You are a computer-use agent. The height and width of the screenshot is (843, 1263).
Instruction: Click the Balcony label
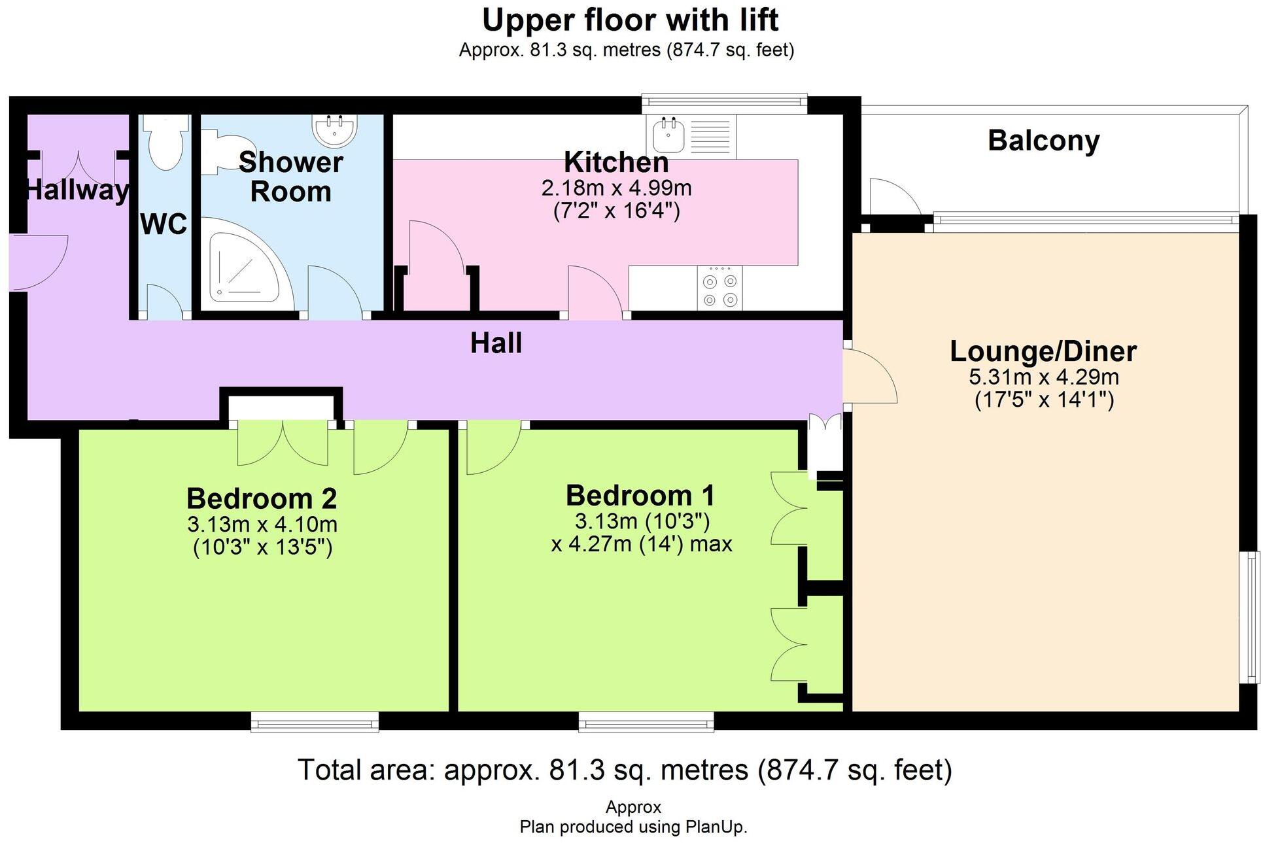pyautogui.click(x=1043, y=141)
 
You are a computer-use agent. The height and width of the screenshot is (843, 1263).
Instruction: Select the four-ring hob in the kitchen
pyautogui.click(x=719, y=288)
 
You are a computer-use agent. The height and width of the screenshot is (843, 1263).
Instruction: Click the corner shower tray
pyautogui.click(x=246, y=260)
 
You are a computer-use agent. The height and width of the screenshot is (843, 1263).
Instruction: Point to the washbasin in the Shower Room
pyautogui.click(x=335, y=129)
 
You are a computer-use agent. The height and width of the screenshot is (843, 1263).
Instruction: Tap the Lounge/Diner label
pyautogui.click(x=1043, y=351)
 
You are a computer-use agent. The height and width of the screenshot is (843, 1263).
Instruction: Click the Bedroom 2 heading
pyautogui.click(x=262, y=498)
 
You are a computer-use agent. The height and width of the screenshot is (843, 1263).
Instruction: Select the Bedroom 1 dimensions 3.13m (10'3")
pyautogui.click(x=642, y=521)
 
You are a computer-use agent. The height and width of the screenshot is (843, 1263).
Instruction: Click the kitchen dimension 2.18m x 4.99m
pyautogui.click(x=616, y=188)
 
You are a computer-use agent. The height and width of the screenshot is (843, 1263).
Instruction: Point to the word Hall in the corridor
pyautogui.click(x=496, y=343)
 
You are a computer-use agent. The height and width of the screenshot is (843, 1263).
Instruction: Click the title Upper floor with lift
pyautogui.click(x=630, y=20)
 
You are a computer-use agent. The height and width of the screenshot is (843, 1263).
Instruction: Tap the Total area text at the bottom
pyautogui.click(x=625, y=770)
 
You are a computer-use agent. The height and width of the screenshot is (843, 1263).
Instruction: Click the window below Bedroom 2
pyautogui.click(x=315, y=722)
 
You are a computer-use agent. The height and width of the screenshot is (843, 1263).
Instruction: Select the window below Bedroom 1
pyautogui.click(x=646, y=722)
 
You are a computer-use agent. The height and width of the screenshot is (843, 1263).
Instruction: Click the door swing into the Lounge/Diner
pyautogui.click(x=870, y=376)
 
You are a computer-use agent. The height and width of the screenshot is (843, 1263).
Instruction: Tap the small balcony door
pyautogui.click(x=895, y=197)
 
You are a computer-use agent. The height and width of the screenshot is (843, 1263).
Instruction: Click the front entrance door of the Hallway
pyautogui.click(x=39, y=262)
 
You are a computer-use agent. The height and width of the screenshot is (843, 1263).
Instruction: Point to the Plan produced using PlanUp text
pyautogui.click(x=633, y=827)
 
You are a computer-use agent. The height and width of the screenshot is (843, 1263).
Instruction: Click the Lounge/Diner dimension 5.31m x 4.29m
pyautogui.click(x=1043, y=377)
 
